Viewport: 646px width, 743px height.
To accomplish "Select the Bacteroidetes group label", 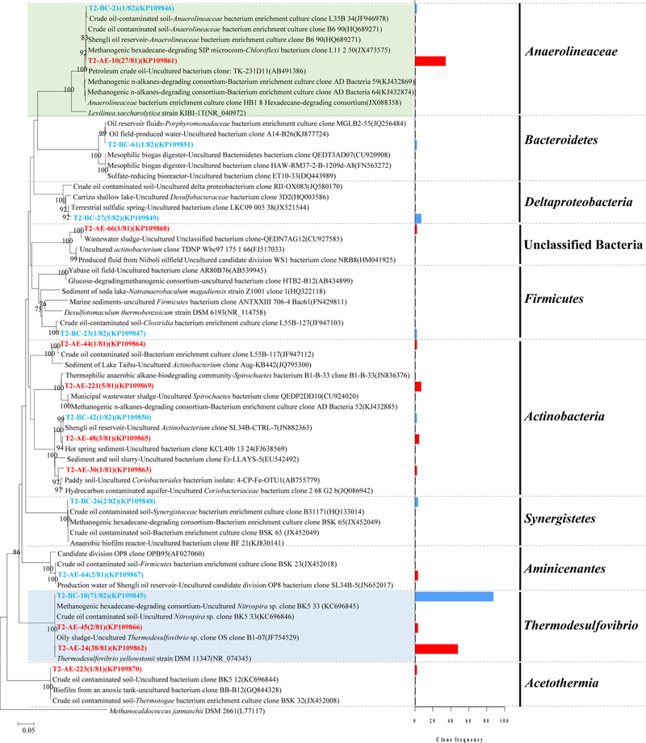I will pos(573,140).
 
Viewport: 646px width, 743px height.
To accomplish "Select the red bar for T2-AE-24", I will pos(436,649).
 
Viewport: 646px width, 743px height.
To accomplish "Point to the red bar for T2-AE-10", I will pos(430,61).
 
